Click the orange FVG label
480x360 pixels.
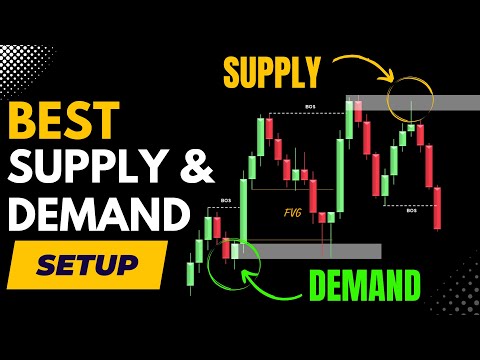click(294, 212)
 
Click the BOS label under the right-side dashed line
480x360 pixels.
click(411, 211)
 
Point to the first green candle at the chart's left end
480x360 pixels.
click(191, 272)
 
